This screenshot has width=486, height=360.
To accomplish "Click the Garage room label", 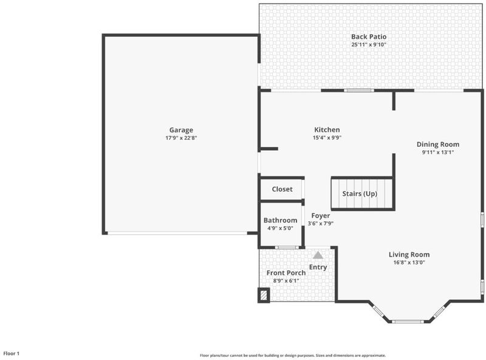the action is pyautogui.click(x=181, y=130).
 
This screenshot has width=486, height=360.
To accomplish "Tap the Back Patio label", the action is pyautogui.click(x=369, y=36).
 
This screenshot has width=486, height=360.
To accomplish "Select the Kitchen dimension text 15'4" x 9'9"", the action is pyautogui.click(x=327, y=138).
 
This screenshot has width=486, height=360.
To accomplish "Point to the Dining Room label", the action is pyautogui.click(x=437, y=144).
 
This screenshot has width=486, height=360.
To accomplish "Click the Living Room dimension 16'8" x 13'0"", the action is pyautogui.click(x=409, y=263).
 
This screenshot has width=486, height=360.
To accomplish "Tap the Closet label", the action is pyautogui.click(x=282, y=189).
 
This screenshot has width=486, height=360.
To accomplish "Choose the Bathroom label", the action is pyautogui.click(x=280, y=220).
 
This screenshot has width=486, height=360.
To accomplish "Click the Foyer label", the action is pyautogui.click(x=321, y=216).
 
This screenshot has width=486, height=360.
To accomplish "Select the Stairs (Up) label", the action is pyautogui.click(x=360, y=193).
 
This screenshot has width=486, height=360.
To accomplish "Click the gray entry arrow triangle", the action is pyautogui.click(x=318, y=255).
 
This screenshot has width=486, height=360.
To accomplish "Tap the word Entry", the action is pyautogui.click(x=318, y=267).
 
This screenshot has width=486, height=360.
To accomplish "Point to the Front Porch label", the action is pyautogui.click(x=286, y=273).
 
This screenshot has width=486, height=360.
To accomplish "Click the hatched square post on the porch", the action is pyautogui.click(x=264, y=295).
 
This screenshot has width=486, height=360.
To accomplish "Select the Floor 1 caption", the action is pyautogui.click(x=12, y=353).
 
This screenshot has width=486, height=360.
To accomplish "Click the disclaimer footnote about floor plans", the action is pyautogui.click(x=293, y=355).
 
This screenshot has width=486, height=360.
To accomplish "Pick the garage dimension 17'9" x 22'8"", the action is pyautogui.click(x=181, y=138).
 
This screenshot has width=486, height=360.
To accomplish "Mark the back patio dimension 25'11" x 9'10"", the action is pyautogui.click(x=369, y=44).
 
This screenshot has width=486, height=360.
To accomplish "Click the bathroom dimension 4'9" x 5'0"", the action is pyautogui.click(x=280, y=229).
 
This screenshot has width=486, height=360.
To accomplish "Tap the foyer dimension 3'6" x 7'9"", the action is pyautogui.click(x=321, y=223).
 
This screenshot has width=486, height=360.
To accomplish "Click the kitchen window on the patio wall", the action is pyautogui.click(x=359, y=91).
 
